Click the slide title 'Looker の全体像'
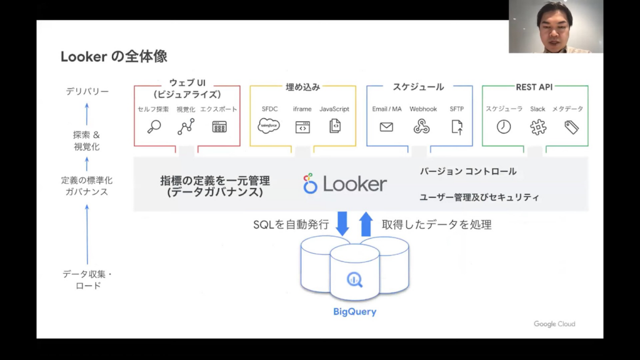[114, 56]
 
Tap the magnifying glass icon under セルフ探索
[153, 127]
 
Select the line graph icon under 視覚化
[186, 127]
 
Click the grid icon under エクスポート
[219, 127]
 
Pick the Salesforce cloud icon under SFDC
[269, 126]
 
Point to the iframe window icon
[302, 127]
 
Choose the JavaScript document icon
[334, 126]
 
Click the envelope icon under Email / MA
[386, 127]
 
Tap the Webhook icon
[422, 126]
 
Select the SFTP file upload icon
[457, 127]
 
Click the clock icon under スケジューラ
[504, 127]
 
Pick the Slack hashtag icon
[537, 127]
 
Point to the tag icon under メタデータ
[571, 127]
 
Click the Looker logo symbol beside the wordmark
[310, 184]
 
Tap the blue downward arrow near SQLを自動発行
[342, 224]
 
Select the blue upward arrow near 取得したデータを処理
[366, 224]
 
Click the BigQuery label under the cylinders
[354, 311]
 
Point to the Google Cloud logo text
[554, 324]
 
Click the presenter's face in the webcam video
[554, 26]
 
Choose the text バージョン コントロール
[468, 171]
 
